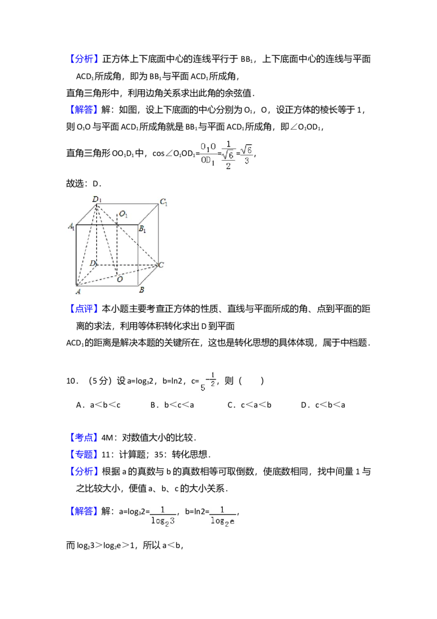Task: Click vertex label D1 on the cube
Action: pyautogui.click(x=97, y=200)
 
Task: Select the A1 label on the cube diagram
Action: pyautogui.click(x=71, y=226)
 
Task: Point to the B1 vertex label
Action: pyautogui.click(x=142, y=230)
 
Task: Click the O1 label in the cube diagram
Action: pyautogui.click(x=123, y=214)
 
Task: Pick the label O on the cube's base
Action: pyautogui.click(x=119, y=279)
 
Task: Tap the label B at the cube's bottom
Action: pyautogui.click(x=141, y=290)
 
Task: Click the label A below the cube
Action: pyautogui.click(x=78, y=291)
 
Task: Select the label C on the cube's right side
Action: pyautogui.click(x=161, y=265)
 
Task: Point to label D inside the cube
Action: pyautogui.click(x=93, y=264)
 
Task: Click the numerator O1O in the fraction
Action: pyautogui.click(x=208, y=147)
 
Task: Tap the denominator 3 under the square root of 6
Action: pyautogui.click(x=247, y=161)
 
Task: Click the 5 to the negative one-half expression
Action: pyautogui.click(x=208, y=381)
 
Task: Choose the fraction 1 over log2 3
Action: pyautogui.click(x=163, y=516)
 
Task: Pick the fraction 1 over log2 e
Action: pyautogui.click(x=222, y=516)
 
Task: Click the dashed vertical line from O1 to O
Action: pyautogui.click(x=117, y=246)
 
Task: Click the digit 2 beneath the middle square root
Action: pyautogui.click(x=228, y=166)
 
